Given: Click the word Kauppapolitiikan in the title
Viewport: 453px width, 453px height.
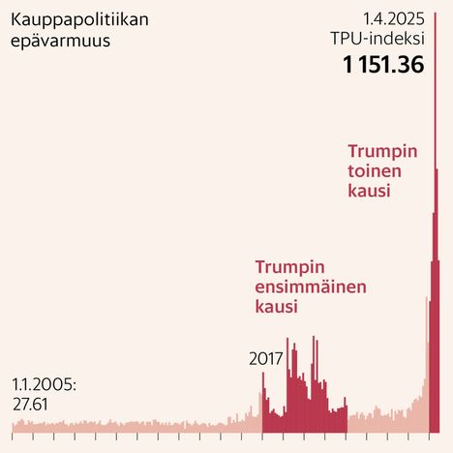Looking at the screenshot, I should [x=68, y=20].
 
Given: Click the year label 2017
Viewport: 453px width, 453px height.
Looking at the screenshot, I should [x=265, y=358].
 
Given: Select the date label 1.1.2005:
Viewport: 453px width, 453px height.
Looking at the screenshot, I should [x=45, y=384].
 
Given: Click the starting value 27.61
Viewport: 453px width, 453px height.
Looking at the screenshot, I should [x=30, y=405].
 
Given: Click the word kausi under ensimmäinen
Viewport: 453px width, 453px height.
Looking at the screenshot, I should [x=276, y=306].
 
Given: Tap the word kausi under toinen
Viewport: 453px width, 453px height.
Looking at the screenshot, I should [x=369, y=192].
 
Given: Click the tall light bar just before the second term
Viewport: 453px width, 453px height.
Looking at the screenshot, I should [x=428, y=368].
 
